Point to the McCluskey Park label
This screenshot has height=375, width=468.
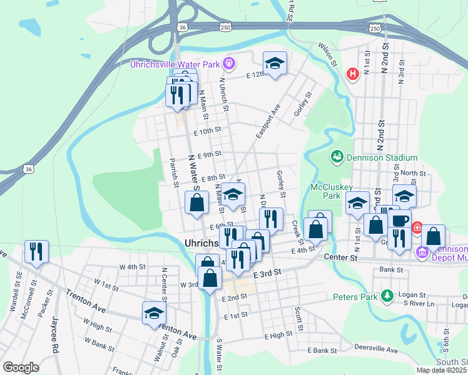tap(332, 191)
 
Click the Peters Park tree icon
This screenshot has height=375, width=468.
tap(387, 295)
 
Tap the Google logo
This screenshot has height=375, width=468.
tap(21, 367)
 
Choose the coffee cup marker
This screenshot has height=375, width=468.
tap(399, 220)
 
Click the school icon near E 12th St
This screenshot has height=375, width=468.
tap(274, 63)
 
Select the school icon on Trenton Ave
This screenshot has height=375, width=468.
tap(153, 314)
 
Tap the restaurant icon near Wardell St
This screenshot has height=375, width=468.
tap(36, 252)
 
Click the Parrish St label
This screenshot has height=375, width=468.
tap(173, 172)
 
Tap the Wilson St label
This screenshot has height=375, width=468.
tap(327, 54)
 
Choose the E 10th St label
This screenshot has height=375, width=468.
tap(208, 131)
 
